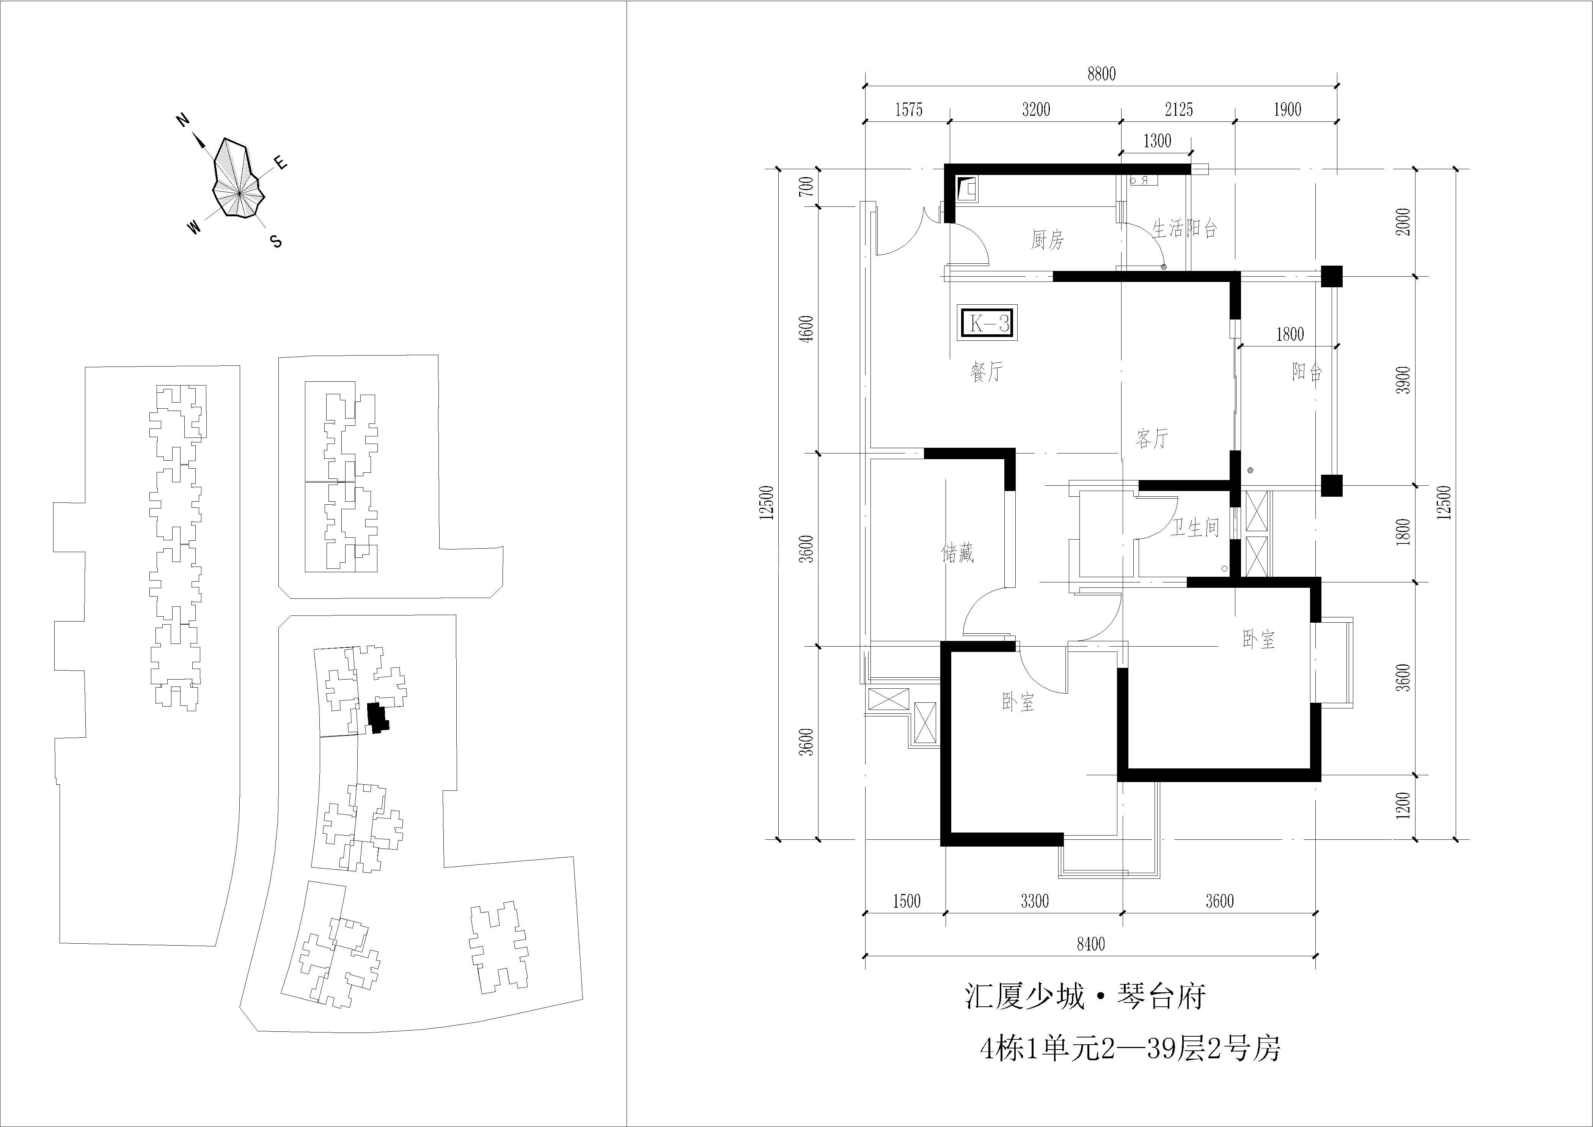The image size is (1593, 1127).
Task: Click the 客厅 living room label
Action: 1152,438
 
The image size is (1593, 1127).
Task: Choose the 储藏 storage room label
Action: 957,552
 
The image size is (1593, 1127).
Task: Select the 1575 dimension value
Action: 908,110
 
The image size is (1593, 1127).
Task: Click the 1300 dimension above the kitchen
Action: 1156,141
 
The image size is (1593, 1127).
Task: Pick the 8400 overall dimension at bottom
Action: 1091,944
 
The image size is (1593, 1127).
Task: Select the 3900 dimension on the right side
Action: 1404,379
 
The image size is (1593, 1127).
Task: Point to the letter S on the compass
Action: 276,241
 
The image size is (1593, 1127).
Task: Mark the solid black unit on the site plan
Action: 377,718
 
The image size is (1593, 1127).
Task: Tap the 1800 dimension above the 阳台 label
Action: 1290,334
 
